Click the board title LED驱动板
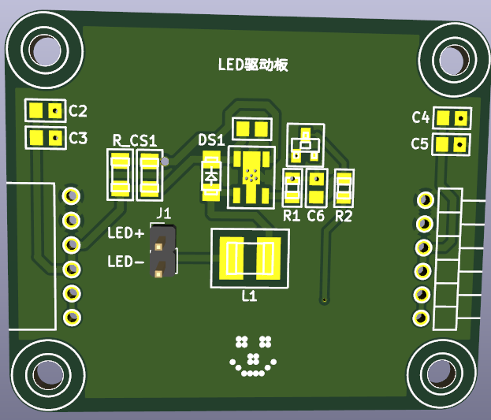(x=252, y=65)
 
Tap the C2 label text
(x=78, y=111)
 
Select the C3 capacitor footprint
(x=45, y=138)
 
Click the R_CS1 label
(x=134, y=140)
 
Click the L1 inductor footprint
(x=249, y=258)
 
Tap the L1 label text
(x=249, y=297)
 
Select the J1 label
(x=164, y=213)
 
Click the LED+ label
(x=126, y=234)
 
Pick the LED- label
(x=126, y=261)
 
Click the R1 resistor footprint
(x=292, y=188)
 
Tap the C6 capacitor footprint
(x=317, y=188)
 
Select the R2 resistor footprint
(x=344, y=188)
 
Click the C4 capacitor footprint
(x=452, y=118)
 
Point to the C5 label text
(x=420, y=143)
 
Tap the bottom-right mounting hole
(x=443, y=375)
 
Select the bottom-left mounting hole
(x=47, y=374)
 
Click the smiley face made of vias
(x=253, y=355)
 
